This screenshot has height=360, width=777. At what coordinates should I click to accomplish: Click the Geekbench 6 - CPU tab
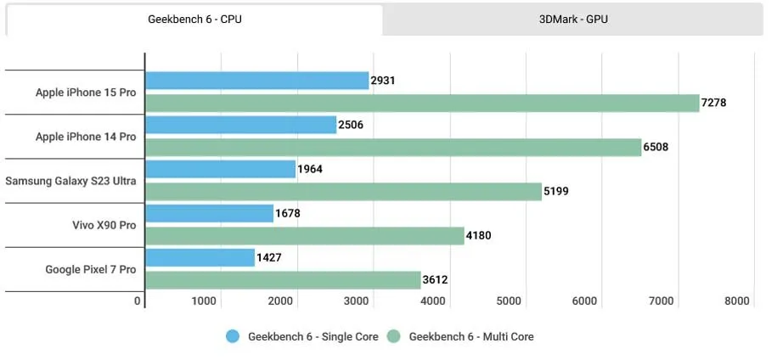tap(194, 20)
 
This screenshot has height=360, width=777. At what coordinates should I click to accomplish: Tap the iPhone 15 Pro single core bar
tap(256, 81)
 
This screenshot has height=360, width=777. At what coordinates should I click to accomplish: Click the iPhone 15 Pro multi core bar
tap(422, 103)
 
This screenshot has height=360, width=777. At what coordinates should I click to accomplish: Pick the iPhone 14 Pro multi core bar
tap(393, 147)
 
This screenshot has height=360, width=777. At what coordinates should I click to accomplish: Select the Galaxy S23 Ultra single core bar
tap(221, 169)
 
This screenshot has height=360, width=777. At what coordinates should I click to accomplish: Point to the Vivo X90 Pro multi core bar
tap(305, 235)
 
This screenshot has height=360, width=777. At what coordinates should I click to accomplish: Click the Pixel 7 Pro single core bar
tap(200, 257)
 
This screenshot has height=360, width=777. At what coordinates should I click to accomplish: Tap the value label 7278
tap(714, 103)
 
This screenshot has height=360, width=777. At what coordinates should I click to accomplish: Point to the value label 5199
tap(555, 191)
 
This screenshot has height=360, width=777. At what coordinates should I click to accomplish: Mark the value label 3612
tap(435, 279)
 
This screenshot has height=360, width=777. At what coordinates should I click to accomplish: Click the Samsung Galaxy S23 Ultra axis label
tap(70, 181)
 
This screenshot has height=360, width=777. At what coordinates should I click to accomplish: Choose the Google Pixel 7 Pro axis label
tap(90, 269)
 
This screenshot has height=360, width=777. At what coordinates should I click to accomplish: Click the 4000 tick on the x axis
tap(433, 301)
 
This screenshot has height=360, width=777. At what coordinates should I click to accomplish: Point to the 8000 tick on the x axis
tap(737, 301)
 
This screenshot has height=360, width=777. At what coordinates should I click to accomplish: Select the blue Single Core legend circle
tap(233, 336)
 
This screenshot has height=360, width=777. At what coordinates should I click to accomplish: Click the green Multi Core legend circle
tap(394, 336)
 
